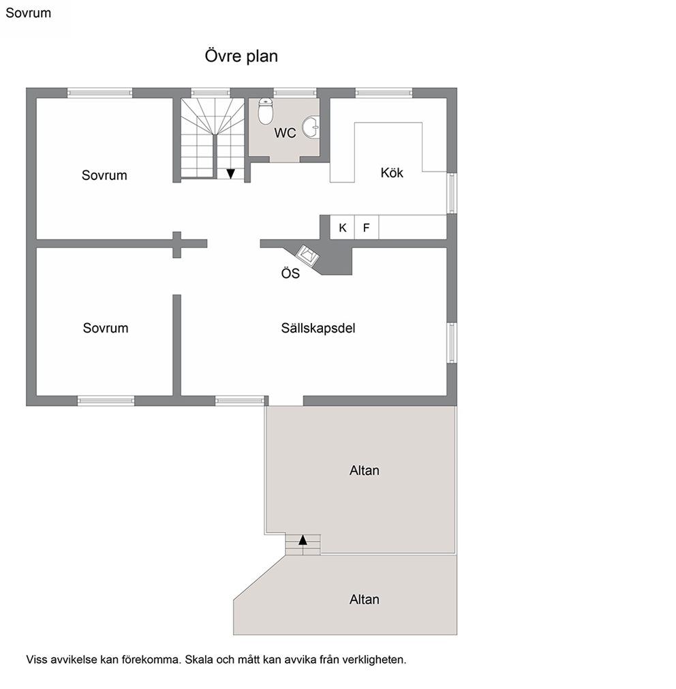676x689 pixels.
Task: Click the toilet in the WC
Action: [265, 111]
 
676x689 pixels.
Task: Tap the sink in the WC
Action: [311, 127]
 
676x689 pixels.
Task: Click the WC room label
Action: [285, 133]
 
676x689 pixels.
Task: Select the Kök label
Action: [392, 172]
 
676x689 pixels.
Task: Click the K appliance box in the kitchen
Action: [342, 227]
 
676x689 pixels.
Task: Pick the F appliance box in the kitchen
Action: [367, 227]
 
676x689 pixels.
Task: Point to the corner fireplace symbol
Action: [307, 256]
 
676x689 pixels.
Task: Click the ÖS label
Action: [290, 273]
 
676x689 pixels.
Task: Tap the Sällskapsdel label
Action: [318, 328]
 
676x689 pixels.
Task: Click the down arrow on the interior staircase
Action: [230, 174]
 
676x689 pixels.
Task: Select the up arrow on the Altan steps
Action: [303, 540]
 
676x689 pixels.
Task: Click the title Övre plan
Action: [241, 57]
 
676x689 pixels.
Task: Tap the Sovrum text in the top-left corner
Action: [28, 13]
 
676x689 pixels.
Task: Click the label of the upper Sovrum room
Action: [104, 175]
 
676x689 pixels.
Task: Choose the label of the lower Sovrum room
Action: [106, 328]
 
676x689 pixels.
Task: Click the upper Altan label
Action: [364, 471]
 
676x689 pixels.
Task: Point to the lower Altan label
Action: [364, 599]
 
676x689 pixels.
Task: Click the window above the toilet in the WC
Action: [295, 93]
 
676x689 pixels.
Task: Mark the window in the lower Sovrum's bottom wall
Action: [106, 400]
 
